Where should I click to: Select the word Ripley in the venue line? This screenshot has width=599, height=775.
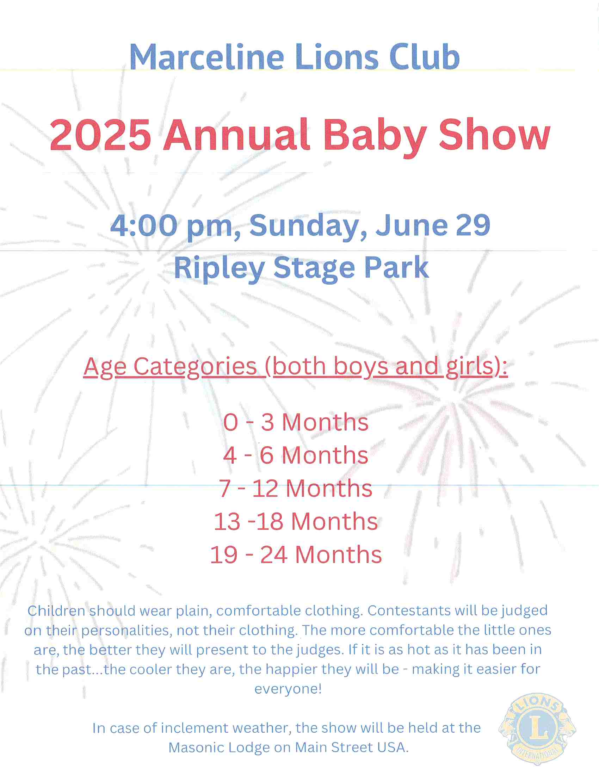point(219,269)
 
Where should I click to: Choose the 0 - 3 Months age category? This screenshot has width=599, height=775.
point(296,422)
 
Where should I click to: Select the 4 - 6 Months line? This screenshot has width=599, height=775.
point(296,455)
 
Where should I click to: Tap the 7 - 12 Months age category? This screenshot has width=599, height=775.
point(296,488)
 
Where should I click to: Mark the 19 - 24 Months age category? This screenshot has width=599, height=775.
point(296,554)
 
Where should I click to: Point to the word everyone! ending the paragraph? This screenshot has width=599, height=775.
point(288,689)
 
